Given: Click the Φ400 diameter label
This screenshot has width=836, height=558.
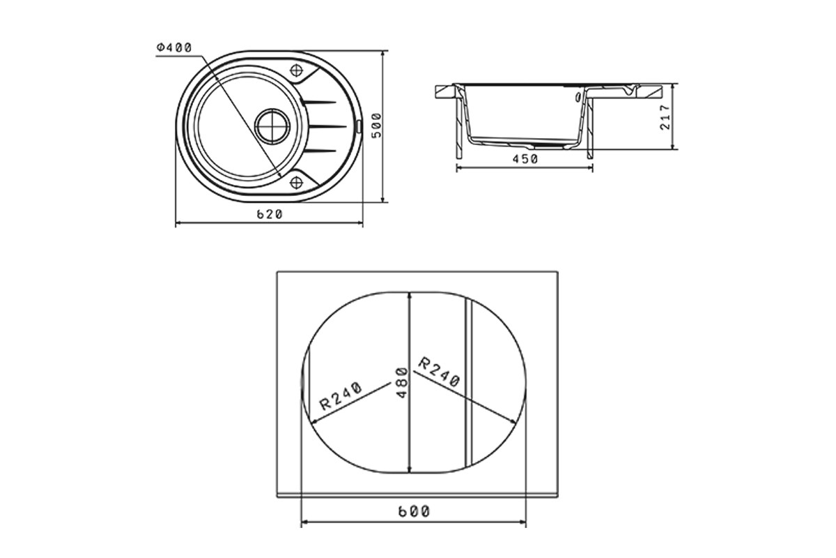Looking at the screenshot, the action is tap(174, 48).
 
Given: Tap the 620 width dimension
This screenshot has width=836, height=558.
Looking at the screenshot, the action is tap(270, 214).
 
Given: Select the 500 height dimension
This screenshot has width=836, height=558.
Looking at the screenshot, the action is tap(377, 126).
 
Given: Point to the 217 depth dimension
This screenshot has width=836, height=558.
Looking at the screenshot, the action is tap(665, 117).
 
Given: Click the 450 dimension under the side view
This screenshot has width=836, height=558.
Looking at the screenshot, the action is tap(525, 159).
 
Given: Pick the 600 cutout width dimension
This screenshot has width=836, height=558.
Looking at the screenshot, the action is tap(415, 511).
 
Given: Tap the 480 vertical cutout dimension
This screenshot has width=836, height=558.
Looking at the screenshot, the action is tap(401, 383).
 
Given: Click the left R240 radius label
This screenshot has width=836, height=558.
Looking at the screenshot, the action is tap(341, 396).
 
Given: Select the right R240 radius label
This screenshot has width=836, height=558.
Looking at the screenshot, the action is tap(438, 372).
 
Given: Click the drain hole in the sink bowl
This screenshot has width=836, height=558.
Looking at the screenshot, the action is tap(272, 126).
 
